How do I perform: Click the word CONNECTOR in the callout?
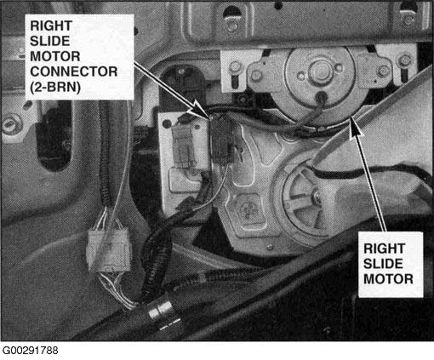74,71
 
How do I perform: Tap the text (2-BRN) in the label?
55,87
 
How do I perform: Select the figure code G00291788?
31,351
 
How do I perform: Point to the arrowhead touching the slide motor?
355,127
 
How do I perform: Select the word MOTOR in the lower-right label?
388,279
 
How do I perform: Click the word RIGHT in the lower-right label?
385,249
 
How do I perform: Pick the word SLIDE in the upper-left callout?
50,41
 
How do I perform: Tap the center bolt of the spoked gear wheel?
316,196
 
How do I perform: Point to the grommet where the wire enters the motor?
322,97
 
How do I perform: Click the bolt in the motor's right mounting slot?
404,60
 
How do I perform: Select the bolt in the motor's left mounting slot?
235,67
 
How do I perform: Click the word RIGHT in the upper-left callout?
51,26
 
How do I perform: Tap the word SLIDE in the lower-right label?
383,264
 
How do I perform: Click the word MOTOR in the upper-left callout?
55,56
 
